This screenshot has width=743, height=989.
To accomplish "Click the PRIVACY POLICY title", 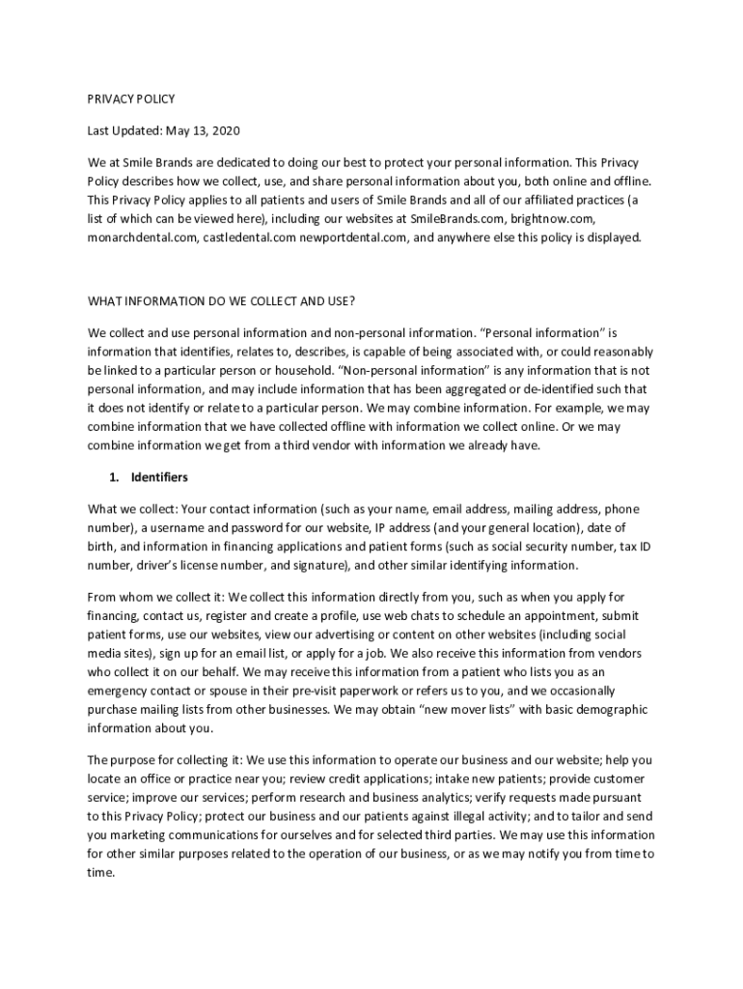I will click(131, 99).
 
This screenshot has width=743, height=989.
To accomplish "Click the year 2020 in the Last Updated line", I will click(225, 130).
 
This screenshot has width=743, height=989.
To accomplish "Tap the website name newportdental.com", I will click(350, 237).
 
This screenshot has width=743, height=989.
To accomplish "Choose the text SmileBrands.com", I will click(456, 218).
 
